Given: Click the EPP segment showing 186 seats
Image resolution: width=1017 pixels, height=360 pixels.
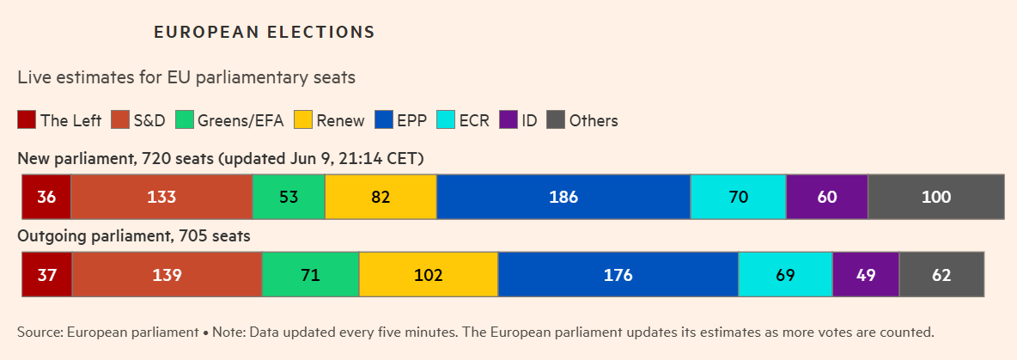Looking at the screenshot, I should pyautogui.click(x=563, y=197).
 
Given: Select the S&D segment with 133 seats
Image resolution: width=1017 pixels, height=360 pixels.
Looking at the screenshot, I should pyautogui.click(x=161, y=197).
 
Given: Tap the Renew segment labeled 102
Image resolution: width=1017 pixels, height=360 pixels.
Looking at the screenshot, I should pyautogui.click(x=428, y=276).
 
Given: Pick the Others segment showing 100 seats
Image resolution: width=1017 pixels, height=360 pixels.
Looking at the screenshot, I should pyautogui.click(x=936, y=197).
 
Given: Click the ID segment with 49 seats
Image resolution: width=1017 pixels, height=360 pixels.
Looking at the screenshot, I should pyautogui.click(x=865, y=276).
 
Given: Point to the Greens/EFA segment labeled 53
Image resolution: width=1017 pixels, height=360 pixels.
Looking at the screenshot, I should pyautogui.click(x=289, y=197).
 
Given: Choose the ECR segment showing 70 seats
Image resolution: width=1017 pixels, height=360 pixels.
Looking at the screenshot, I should pyautogui.click(x=738, y=197).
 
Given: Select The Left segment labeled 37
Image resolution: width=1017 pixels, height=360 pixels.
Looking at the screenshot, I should pyautogui.click(x=46, y=276).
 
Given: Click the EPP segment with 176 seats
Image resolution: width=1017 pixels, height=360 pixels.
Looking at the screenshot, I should pyautogui.click(x=618, y=276).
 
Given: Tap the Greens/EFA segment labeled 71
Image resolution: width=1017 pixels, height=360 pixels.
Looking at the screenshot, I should pyautogui.click(x=310, y=276).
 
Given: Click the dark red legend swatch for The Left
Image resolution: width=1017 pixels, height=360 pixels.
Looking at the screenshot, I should pyautogui.click(x=27, y=120).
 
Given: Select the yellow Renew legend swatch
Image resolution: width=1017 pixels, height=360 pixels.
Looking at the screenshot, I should pyautogui.click(x=302, y=120).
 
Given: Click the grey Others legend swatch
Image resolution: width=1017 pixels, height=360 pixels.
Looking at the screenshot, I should pyautogui.click(x=556, y=120).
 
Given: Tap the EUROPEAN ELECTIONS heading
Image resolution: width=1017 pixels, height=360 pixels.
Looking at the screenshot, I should pyautogui.click(x=264, y=33).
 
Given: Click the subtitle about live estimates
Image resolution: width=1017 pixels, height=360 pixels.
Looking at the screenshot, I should pyautogui.click(x=186, y=77).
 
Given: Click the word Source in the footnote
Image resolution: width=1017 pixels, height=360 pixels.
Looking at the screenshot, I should pyautogui.click(x=39, y=332).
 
